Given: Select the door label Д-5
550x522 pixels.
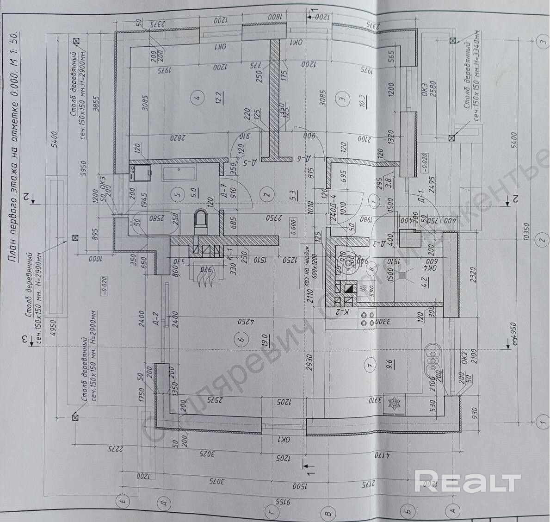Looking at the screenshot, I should [247, 162].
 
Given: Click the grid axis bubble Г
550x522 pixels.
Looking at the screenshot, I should [273, 512].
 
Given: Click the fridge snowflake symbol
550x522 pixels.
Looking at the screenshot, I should [394, 403].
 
